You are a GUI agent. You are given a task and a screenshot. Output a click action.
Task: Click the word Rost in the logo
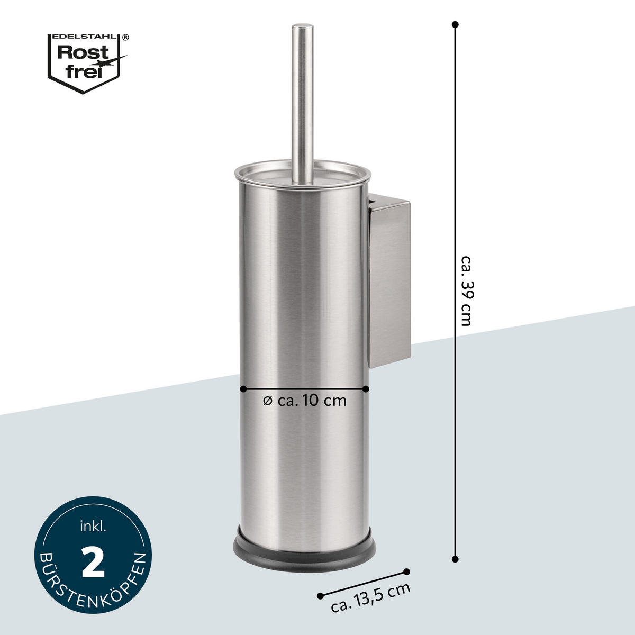tap(83, 52)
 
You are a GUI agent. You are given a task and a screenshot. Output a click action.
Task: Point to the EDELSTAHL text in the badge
tap(84, 37)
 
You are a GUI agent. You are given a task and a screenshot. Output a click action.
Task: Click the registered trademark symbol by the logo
tap(125, 37)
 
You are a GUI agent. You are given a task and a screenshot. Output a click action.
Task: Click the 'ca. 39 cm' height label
tap(467, 291)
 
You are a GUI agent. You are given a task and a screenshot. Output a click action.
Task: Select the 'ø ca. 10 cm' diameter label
tap(305, 401)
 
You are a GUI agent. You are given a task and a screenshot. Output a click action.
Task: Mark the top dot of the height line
tap(455, 24)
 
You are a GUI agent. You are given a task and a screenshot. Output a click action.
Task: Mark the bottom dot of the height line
tap(455, 559)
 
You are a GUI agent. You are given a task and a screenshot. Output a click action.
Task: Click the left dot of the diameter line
tap(243, 389)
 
